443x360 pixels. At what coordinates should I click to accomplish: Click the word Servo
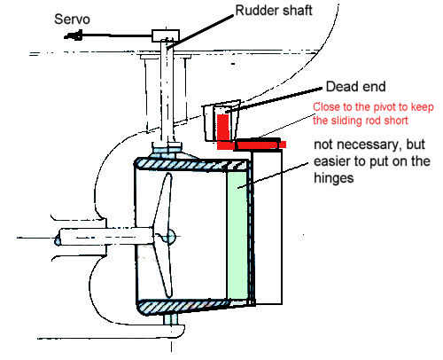click(x=72, y=20)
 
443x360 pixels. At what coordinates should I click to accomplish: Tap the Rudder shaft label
click(x=274, y=11)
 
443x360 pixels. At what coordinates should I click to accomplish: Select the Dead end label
click(x=355, y=87)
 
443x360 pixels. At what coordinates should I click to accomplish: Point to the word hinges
click(x=334, y=178)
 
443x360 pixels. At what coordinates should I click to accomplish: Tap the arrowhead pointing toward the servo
click(x=73, y=35)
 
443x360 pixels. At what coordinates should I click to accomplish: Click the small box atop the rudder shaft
click(x=166, y=35)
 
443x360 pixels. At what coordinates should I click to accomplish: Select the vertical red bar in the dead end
click(x=222, y=128)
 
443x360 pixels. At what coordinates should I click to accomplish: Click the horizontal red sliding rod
click(x=252, y=145)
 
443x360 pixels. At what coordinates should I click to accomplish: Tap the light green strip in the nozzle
click(x=237, y=235)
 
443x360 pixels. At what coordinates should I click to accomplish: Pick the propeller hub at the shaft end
click(x=169, y=237)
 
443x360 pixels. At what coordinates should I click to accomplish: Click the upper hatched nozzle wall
click(x=192, y=164)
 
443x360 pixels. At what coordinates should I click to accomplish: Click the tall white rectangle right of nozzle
click(x=268, y=227)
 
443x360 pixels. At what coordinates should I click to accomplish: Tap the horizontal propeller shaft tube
click(x=105, y=237)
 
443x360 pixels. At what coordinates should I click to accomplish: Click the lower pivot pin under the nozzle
click(x=172, y=319)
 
